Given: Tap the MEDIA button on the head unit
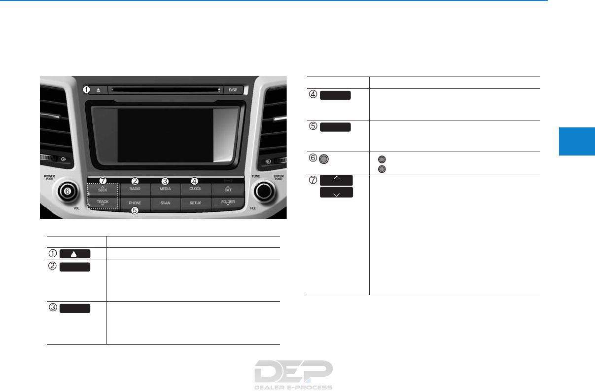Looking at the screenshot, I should [x=165, y=189].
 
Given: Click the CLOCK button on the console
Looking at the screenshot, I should [x=195, y=189].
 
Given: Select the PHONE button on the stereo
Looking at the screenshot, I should [x=135, y=203].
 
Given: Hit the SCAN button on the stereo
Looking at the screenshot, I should [x=165, y=203].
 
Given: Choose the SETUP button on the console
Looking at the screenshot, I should [x=195, y=203].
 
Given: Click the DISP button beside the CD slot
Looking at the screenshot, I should [x=233, y=90].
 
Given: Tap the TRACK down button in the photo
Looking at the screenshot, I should [x=103, y=203].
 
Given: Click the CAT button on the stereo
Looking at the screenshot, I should [x=227, y=189].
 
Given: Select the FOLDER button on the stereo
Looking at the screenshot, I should [x=227, y=203].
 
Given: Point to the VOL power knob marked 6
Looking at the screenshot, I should [x=68, y=191].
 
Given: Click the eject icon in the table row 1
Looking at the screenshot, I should [x=75, y=254].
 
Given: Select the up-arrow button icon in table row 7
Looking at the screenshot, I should [x=336, y=179].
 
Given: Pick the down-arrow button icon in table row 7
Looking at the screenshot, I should [x=336, y=193].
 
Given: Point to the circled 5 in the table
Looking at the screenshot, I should [x=314, y=127].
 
